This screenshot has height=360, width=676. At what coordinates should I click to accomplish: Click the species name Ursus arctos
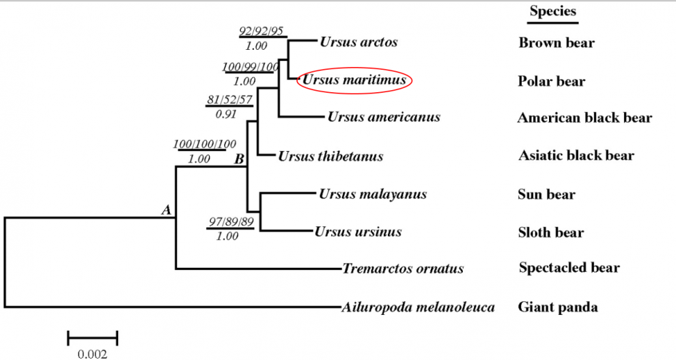pos(358,42)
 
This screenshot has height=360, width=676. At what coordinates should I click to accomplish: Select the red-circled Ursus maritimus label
pos(354,81)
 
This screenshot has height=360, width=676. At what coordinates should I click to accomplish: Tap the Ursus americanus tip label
pos(384,117)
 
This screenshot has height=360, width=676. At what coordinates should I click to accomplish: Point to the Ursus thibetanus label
pos(330,156)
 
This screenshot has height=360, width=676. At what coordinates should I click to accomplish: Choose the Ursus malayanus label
pos(372,194)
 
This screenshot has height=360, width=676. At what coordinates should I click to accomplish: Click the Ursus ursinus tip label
pos(358,232)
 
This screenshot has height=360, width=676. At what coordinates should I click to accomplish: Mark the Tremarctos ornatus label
pos(404,268)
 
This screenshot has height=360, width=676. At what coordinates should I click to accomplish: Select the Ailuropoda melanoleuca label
pos(417,307)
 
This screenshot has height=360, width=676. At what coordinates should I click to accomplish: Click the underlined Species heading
pos(553,12)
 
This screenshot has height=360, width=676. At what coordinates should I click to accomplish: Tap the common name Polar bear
pos(552,81)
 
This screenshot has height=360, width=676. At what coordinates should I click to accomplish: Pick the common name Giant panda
pos(558,307)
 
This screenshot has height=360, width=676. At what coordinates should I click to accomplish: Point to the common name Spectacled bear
pos(569,267)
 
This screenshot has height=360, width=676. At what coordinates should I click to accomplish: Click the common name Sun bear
pos(546,195)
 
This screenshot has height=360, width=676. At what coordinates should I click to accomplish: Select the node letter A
pos(166,210)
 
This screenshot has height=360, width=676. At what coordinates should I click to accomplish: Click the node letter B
pos(240,159)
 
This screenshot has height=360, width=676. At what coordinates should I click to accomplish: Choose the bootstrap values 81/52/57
pos(230,100)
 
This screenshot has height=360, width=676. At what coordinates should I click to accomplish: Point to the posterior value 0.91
pos(226,113)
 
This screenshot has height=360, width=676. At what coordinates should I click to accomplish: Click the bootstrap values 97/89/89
pos(230,221)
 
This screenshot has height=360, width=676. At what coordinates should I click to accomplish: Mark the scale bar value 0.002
pos(92,354)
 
